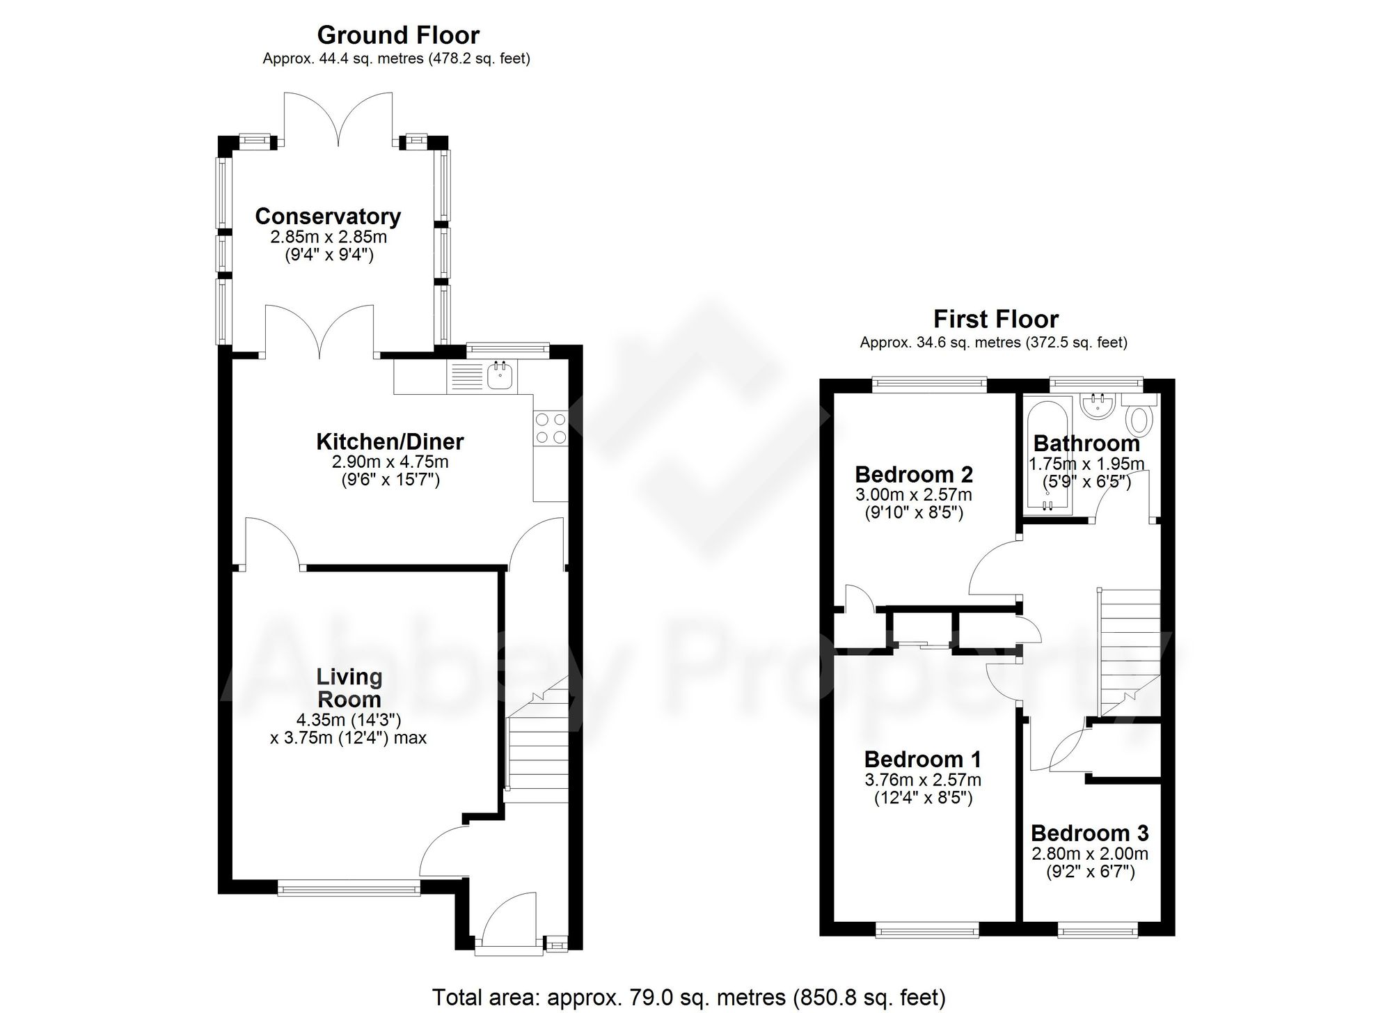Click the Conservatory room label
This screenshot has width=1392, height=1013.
[328, 217]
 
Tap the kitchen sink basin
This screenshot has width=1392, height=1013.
[500, 377]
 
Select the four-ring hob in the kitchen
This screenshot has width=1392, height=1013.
[550, 428]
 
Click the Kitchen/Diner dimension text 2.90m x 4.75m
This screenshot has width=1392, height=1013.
[390, 462]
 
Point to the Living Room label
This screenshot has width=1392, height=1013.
[349, 688]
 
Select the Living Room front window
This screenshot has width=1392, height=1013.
[349, 887]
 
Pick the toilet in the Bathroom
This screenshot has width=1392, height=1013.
[1139, 421]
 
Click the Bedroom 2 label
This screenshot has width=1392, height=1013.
[913, 475]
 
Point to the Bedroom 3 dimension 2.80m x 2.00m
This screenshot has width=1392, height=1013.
[1089, 854]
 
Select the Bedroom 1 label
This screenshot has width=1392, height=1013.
[922, 759]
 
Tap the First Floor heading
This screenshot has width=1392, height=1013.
[995, 319]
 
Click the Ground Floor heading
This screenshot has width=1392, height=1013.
[398, 35]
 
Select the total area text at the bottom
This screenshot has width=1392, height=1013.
[688, 998]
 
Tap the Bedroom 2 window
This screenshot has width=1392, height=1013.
[930, 382]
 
